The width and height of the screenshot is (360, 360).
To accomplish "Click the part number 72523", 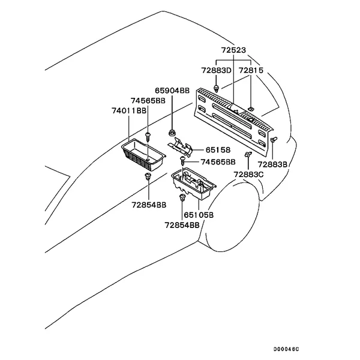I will [x=234, y=50].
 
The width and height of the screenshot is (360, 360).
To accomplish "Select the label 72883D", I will [x=215, y=71].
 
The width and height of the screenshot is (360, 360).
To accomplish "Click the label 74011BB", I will [x=129, y=111].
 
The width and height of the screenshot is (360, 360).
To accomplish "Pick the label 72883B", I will [x=272, y=164].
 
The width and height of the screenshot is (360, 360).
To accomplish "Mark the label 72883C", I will [x=248, y=175].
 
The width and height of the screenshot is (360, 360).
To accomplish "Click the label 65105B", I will [x=199, y=214].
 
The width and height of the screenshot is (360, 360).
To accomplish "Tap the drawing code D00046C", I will [x=286, y=349].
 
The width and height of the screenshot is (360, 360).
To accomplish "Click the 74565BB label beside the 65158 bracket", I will [x=218, y=162].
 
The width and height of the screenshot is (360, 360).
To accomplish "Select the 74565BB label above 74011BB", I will [x=148, y=101].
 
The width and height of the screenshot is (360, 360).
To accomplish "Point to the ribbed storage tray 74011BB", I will [x=143, y=155].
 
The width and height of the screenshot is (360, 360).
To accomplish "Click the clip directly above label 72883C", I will [x=247, y=155].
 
